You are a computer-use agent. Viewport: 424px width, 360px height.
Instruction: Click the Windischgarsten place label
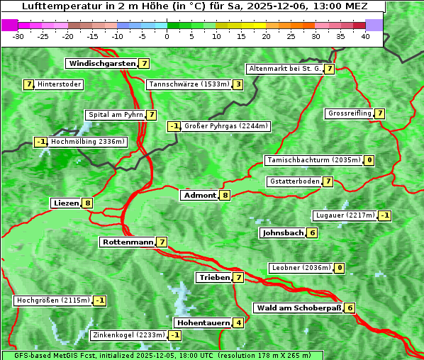coord(102,63)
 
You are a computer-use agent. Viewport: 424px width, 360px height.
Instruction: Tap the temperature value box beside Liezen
coord(87,203)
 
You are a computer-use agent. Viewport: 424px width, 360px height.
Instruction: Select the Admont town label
coord(199,195)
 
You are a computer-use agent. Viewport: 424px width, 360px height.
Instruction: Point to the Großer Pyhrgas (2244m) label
coord(225,126)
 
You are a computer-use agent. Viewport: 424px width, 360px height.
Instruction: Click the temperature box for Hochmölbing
coord(40,142)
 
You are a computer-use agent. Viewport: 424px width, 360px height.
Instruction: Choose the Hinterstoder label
coord(60,84)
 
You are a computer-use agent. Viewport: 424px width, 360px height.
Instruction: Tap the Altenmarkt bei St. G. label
coord(284,69)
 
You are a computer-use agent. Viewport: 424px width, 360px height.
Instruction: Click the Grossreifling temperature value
coord(380,113)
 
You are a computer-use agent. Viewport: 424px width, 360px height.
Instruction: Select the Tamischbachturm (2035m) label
coord(313,160)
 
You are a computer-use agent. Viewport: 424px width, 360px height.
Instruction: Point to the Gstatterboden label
coord(294,181)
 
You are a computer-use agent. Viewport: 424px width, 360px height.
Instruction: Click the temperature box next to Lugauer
coord(384,215)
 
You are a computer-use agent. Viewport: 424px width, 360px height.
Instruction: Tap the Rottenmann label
coord(128,242)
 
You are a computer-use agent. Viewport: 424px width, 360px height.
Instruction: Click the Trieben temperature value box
coord(239,277)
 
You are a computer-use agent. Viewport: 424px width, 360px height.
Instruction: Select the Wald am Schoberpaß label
coord(298,308)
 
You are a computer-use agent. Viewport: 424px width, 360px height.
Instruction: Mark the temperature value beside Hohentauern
coord(239,322)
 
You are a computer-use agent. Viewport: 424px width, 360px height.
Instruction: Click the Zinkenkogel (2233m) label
coord(128,334)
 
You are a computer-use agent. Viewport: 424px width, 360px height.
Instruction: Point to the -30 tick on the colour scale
coord(18,35)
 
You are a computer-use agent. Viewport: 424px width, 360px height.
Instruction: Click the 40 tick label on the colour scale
coord(365,35)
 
